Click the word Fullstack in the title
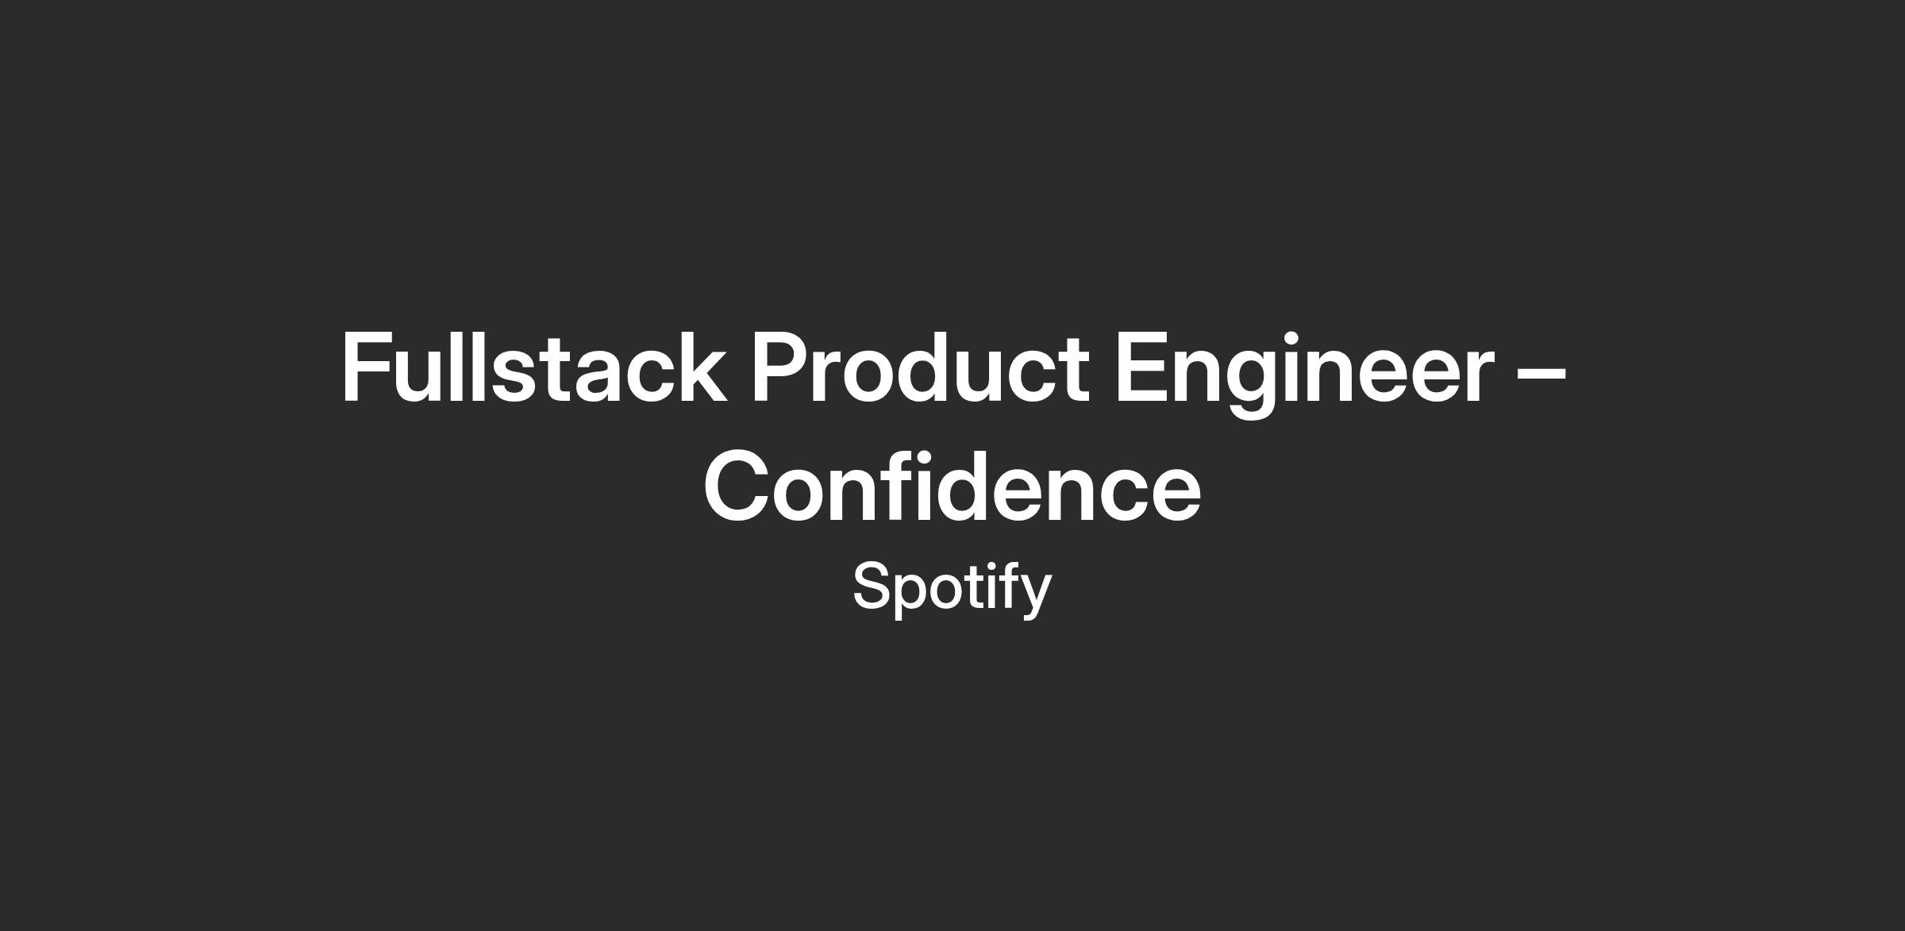533,367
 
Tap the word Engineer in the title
1304,373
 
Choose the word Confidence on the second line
952,485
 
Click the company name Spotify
952,588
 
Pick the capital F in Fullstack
369,367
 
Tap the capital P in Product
781,367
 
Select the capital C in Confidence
738,486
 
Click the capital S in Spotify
872,586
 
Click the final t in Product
1072,371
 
